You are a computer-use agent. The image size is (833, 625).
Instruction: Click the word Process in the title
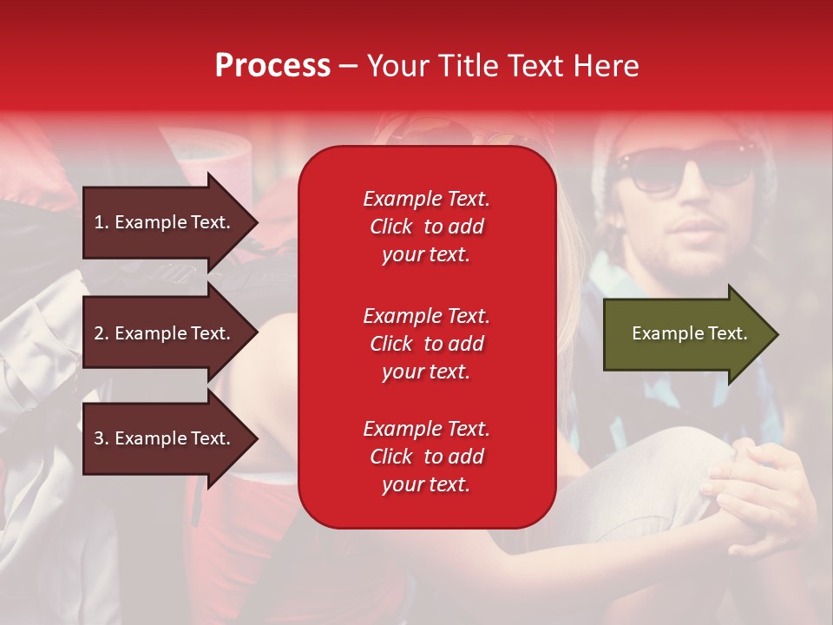(272, 66)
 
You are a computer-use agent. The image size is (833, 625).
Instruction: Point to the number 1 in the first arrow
(99, 222)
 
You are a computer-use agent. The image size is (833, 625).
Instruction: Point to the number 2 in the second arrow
(99, 333)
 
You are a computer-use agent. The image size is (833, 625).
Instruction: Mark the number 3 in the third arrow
(99, 438)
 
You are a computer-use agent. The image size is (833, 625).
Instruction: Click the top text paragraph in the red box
(426, 227)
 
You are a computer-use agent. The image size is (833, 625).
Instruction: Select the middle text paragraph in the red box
(426, 344)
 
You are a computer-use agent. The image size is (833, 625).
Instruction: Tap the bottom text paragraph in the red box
(426, 457)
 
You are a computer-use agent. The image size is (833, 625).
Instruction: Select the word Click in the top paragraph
(391, 227)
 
